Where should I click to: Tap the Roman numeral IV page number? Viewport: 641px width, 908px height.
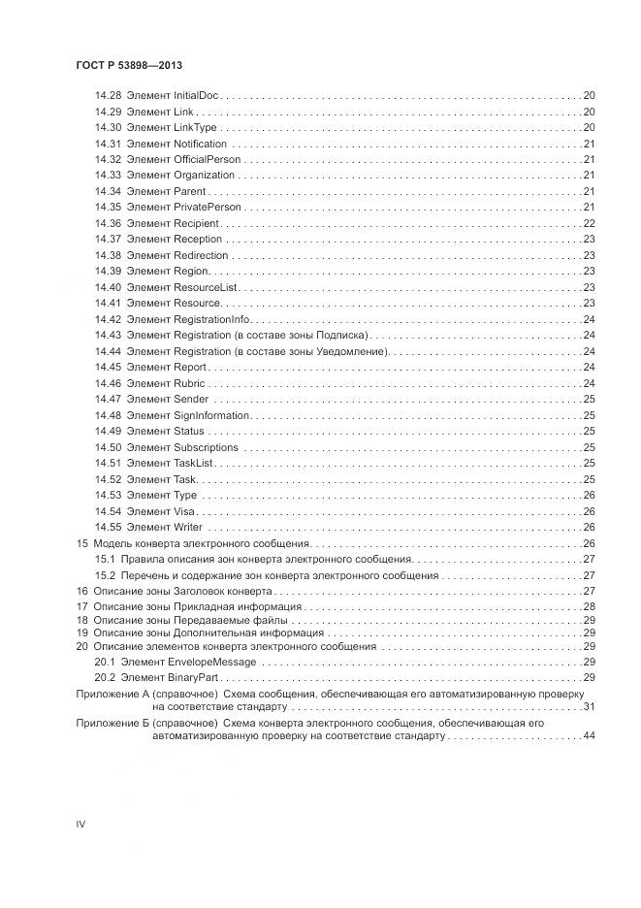pos(81,824)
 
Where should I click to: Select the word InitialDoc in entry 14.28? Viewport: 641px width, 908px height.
pos(197,96)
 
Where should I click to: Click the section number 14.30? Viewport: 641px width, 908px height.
pos(108,128)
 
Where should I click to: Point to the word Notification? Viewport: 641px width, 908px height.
pos(200,144)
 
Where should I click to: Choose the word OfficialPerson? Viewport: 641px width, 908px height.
pos(207,159)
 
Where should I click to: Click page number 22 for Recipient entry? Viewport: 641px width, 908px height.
pos(589,223)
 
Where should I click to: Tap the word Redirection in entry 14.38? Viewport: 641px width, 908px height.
pos(201,255)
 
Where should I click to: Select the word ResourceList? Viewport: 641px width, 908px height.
pos(205,287)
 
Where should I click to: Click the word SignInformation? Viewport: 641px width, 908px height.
pos(211,415)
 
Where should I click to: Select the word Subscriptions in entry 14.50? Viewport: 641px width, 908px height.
pos(206,447)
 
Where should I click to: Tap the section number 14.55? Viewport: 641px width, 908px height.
pos(108,527)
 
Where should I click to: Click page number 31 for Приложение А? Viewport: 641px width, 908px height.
pos(589,706)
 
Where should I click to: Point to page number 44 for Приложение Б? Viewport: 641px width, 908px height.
pos(589,736)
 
